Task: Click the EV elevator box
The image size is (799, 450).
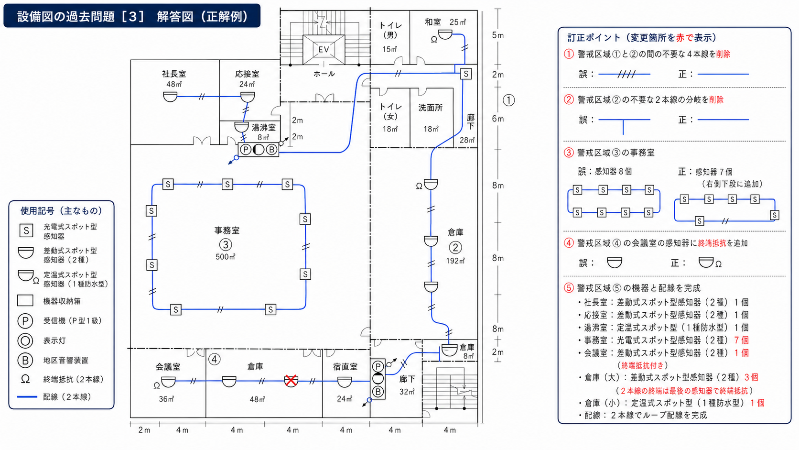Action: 324,50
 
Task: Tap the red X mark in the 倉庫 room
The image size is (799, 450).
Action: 291,381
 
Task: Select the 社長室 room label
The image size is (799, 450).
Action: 174,74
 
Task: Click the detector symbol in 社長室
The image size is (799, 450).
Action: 170,97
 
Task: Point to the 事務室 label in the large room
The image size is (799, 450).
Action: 227,230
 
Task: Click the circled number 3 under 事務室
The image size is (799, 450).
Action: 226,244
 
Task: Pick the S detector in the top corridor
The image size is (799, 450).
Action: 466,74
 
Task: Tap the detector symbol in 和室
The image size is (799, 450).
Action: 445,34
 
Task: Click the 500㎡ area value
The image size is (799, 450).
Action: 226,257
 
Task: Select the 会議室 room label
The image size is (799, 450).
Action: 168,367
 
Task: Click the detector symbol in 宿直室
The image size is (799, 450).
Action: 344,382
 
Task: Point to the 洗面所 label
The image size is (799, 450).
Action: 431,108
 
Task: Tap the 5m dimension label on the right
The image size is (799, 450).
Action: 498,35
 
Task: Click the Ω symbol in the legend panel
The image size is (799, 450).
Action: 25,379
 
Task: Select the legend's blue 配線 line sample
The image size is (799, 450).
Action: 27,397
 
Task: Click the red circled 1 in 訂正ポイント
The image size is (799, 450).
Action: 569,54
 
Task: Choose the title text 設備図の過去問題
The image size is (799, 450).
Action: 66,16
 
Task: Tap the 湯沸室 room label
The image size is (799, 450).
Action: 264,127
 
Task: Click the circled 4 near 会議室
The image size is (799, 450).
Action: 215,359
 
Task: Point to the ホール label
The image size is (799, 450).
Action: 324,74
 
